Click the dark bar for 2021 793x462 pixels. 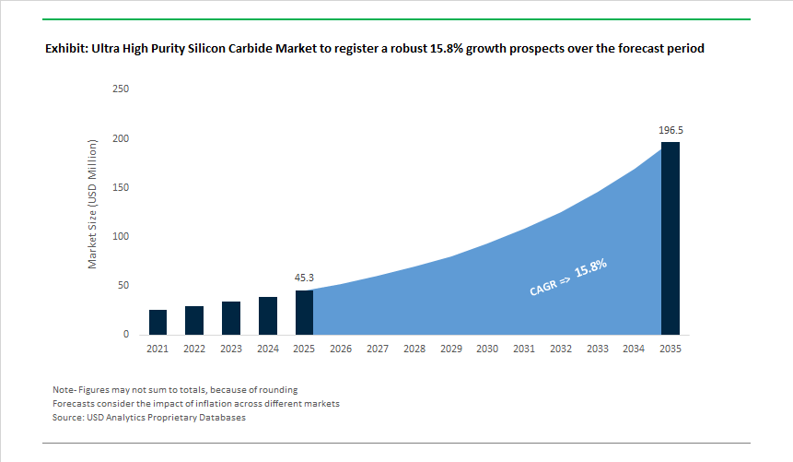157,322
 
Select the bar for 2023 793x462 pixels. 231,318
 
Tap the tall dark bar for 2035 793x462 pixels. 671,238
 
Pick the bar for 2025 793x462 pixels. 304,313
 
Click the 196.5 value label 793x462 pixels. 671,131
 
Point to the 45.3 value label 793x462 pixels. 304,278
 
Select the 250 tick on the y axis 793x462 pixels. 121,89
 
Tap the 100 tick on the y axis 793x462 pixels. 121,237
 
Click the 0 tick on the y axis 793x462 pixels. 125,335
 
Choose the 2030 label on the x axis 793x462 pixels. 487,349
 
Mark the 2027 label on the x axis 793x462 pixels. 378,349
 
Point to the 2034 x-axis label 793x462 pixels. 634,349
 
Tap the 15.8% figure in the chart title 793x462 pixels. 447,48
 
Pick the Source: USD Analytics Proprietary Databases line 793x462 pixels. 149,418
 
